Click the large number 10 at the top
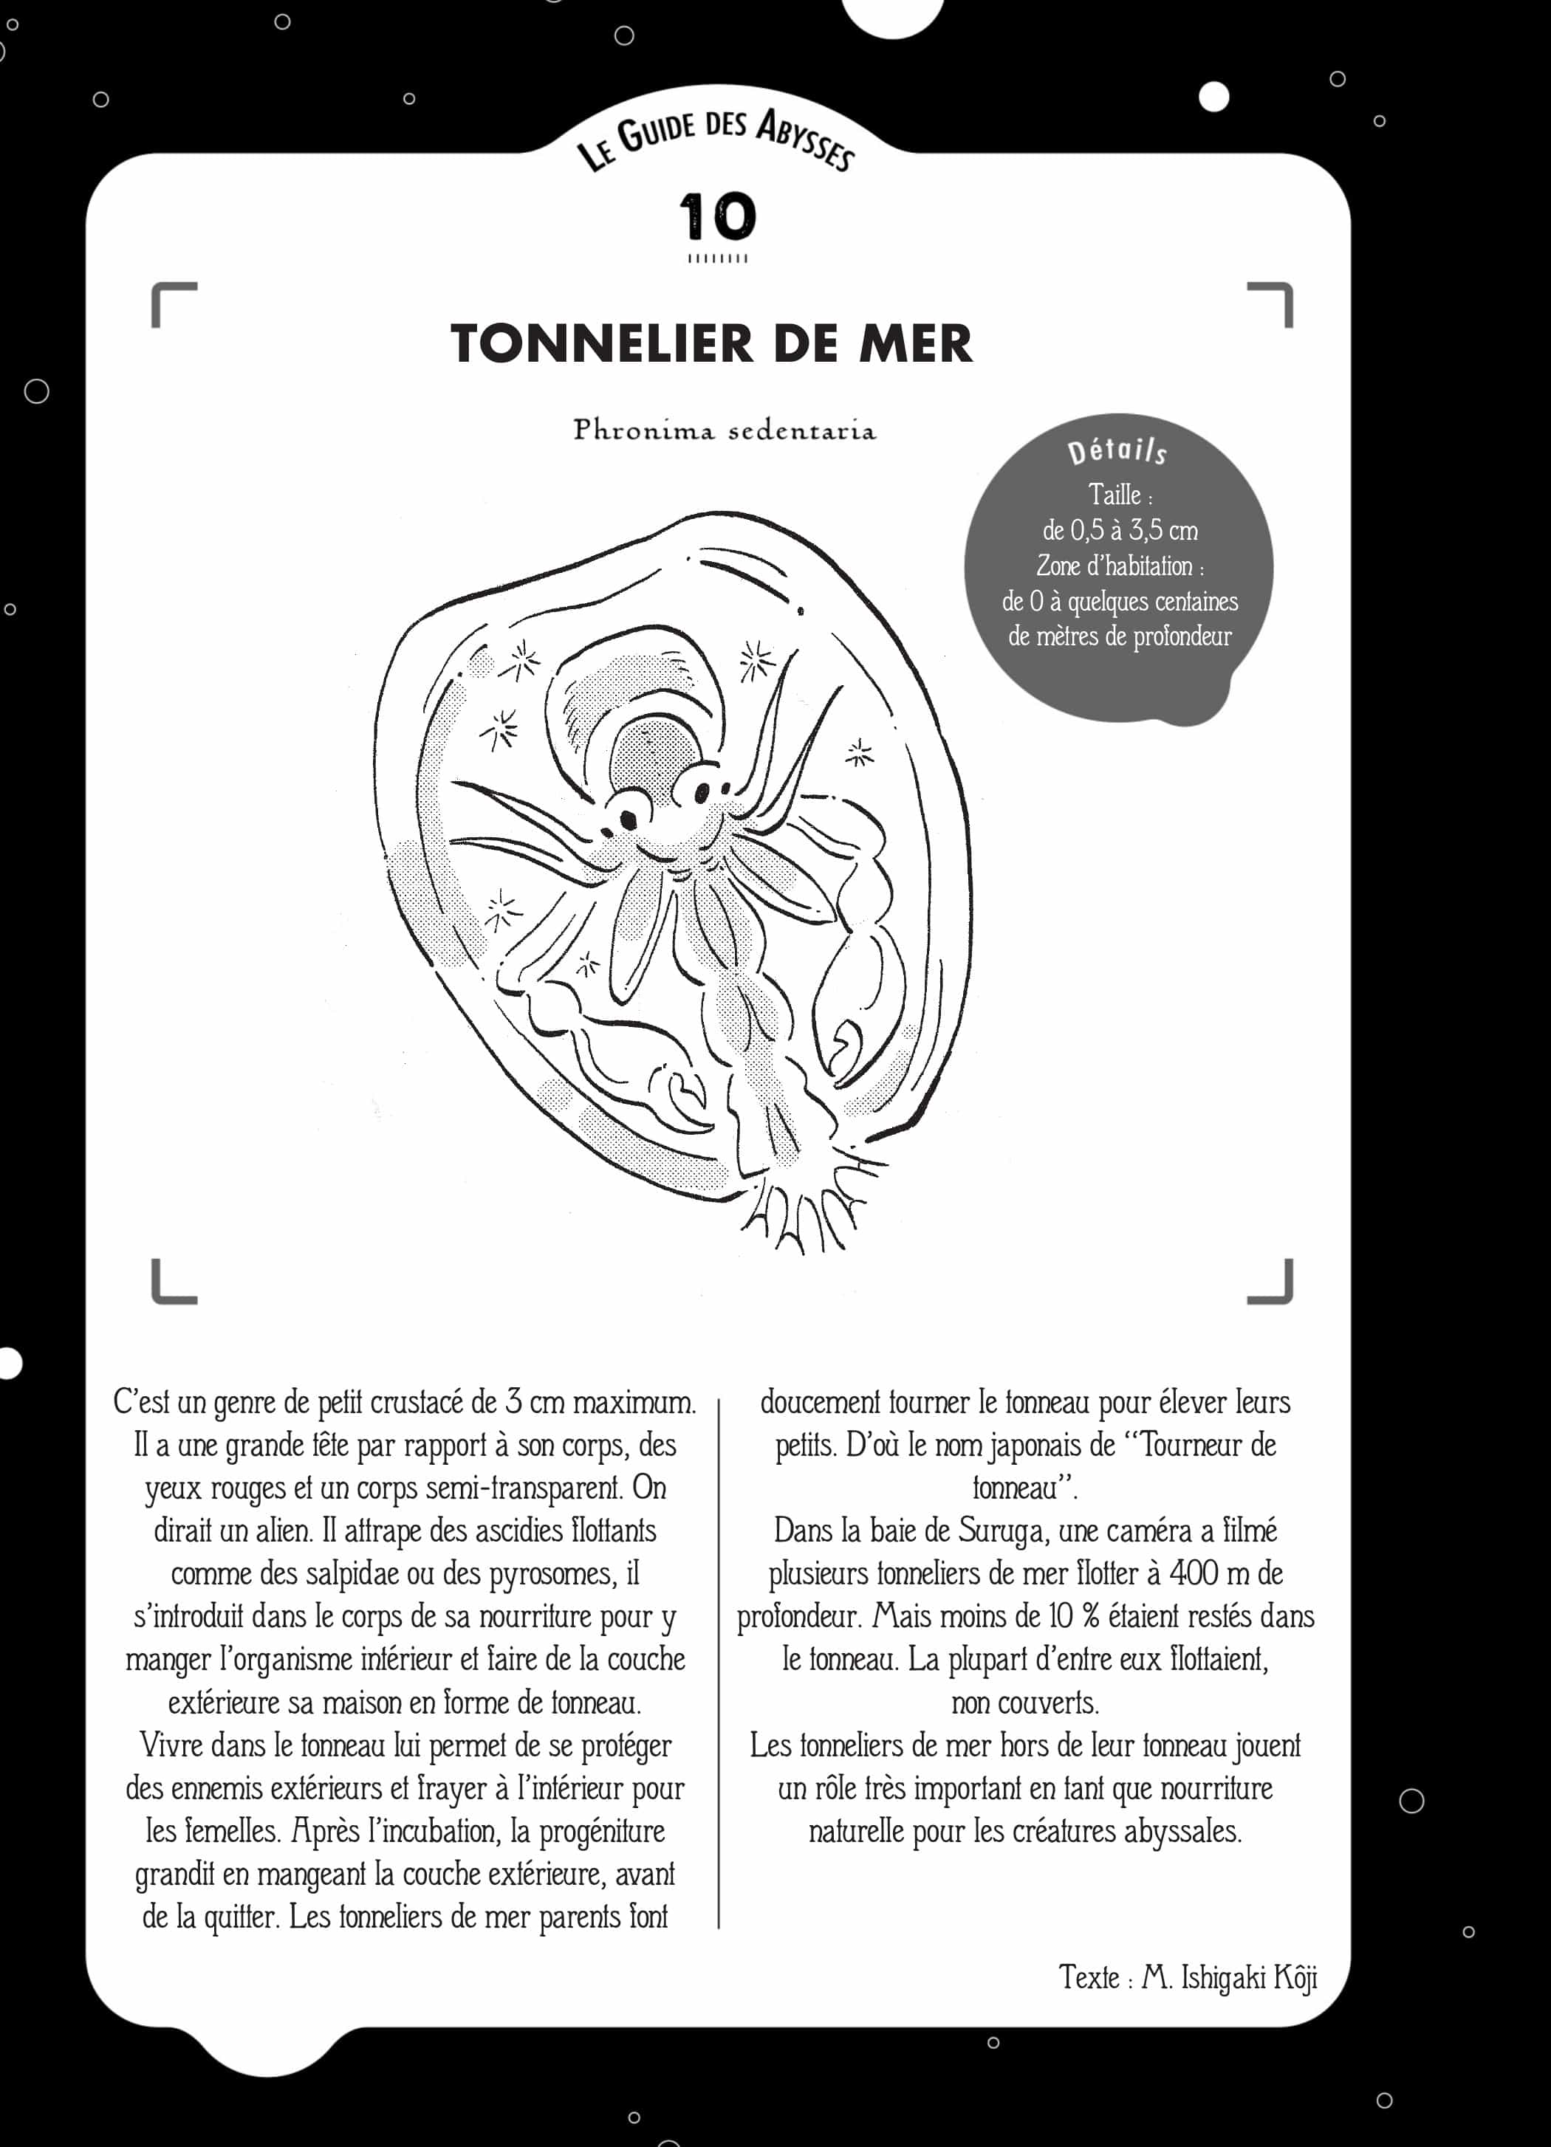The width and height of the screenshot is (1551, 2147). [718, 217]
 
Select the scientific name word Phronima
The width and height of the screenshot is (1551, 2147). [643, 430]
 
